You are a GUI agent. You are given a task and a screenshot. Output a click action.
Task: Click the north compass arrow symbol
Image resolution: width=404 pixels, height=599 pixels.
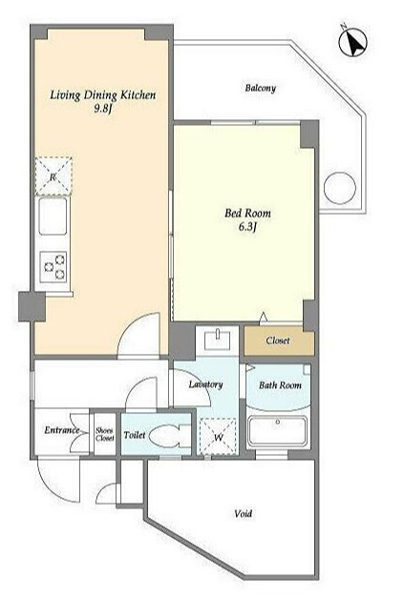(x=353, y=42)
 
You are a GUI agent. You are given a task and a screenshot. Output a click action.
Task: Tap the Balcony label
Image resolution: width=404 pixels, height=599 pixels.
(x=261, y=88)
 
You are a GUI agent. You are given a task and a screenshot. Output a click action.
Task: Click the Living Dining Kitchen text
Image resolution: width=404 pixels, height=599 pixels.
(x=103, y=94)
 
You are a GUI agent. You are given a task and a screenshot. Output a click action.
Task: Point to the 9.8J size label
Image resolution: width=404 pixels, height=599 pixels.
(x=103, y=110)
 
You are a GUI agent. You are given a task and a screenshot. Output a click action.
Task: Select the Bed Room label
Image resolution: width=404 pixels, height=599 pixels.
(x=247, y=213)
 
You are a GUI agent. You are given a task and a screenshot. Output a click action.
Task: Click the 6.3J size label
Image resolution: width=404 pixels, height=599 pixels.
(x=247, y=227)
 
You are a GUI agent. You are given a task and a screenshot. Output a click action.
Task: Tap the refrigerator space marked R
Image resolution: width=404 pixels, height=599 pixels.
(x=53, y=176)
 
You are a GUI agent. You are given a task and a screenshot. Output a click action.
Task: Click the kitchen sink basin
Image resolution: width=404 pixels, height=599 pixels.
(x=53, y=217)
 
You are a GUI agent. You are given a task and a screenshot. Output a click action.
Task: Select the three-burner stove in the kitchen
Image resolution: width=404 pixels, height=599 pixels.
(x=53, y=267)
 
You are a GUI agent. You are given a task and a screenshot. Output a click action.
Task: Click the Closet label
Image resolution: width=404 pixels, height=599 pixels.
(x=278, y=341)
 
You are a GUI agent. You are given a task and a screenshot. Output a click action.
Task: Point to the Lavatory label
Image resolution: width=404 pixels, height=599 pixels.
(x=206, y=384)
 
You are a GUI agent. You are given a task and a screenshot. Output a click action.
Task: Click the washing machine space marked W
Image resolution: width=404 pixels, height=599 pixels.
(x=218, y=437)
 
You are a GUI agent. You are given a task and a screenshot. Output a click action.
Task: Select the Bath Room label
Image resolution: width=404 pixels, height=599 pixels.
(x=280, y=385)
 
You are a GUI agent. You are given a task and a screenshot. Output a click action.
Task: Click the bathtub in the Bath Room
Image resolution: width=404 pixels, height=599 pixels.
(x=277, y=430)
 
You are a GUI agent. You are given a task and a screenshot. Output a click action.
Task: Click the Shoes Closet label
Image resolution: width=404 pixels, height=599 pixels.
(x=105, y=434)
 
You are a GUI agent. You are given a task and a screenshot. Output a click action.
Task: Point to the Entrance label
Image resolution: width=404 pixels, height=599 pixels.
(x=61, y=430)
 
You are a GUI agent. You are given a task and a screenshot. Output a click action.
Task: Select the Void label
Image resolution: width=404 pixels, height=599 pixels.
(x=244, y=514)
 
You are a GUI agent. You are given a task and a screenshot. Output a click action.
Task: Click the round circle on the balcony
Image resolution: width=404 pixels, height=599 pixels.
(x=340, y=188)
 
